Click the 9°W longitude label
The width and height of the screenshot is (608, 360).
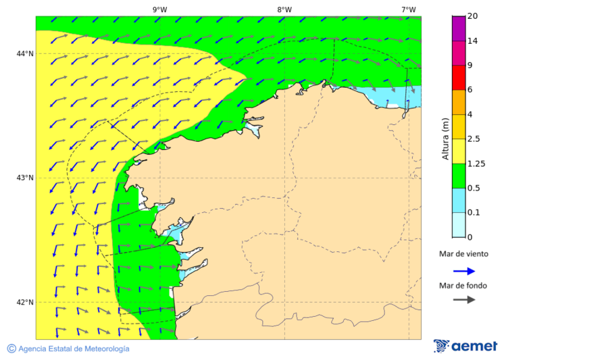159,9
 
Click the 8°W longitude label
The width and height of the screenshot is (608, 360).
284,9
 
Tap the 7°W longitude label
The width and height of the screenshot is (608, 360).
408,9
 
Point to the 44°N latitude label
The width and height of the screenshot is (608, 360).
25,53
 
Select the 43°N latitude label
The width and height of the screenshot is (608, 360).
25,178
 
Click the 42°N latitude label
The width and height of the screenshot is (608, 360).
25,302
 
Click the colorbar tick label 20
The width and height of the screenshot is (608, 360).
472,16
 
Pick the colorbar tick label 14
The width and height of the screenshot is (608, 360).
472,41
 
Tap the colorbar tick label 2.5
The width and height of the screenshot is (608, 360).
474,139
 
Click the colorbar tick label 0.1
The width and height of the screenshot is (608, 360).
474,213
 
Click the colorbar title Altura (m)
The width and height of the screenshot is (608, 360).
445,138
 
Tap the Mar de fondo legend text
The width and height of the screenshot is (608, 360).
463,285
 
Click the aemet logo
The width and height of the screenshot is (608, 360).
465,346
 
